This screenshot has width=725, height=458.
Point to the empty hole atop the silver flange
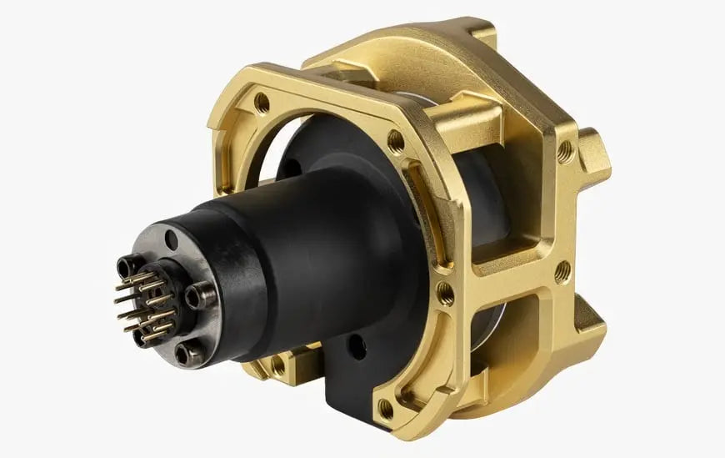click(171, 244)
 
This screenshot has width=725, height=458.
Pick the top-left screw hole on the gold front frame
click(262, 103)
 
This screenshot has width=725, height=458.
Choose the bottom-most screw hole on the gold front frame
click(386, 408)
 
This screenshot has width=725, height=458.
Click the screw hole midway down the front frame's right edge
click(445, 293)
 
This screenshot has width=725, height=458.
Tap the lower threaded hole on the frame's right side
click(562, 270)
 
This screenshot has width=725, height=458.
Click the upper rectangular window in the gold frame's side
click(517, 213)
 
